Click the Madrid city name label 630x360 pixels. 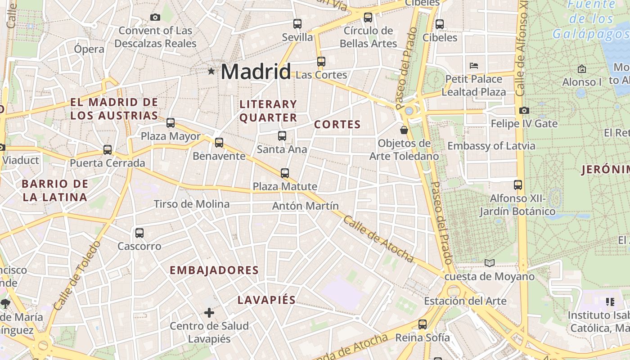[x=256, y=72]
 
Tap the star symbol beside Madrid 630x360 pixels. [x=211, y=71]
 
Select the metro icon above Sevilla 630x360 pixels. [x=297, y=24]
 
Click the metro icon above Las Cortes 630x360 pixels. [x=321, y=62]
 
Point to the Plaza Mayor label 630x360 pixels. [x=171, y=136]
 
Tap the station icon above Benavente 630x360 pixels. [x=219, y=143]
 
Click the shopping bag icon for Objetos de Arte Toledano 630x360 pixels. [x=404, y=130]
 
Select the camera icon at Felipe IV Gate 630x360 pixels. [x=524, y=110]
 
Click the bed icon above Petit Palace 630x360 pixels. [x=474, y=66]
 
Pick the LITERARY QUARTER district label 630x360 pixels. [x=268, y=111]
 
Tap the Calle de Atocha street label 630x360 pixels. [x=378, y=238]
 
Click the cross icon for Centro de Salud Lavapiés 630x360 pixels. [x=209, y=312]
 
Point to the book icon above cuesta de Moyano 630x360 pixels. [x=490, y=263]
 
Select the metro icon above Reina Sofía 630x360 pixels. [x=423, y=324]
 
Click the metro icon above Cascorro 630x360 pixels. [x=139, y=233]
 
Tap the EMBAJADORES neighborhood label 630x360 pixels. [x=214, y=270]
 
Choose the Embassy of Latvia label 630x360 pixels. [x=491, y=146]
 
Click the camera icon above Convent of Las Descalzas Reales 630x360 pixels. [x=155, y=18]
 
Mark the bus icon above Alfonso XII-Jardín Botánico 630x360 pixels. [x=518, y=185]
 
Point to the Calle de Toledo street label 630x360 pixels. [x=77, y=275]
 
